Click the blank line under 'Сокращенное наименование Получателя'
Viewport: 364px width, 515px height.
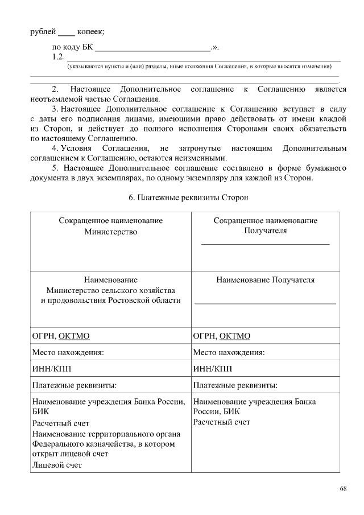click(265, 244)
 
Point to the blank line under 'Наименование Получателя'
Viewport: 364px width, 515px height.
click(265, 303)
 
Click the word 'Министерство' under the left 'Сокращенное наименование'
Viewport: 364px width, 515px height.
click(111, 231)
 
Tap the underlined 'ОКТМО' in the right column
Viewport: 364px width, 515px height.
click(235, 336)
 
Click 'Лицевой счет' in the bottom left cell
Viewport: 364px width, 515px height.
click(57, 465)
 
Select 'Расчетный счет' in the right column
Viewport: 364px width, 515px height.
click(222, 422)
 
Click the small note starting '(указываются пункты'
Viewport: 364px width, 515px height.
click(199, 67)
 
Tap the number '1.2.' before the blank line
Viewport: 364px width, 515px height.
click(57, 57)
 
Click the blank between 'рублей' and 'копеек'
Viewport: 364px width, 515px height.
click(66, 33)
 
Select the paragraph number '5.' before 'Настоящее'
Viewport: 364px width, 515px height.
click(56, 168)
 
